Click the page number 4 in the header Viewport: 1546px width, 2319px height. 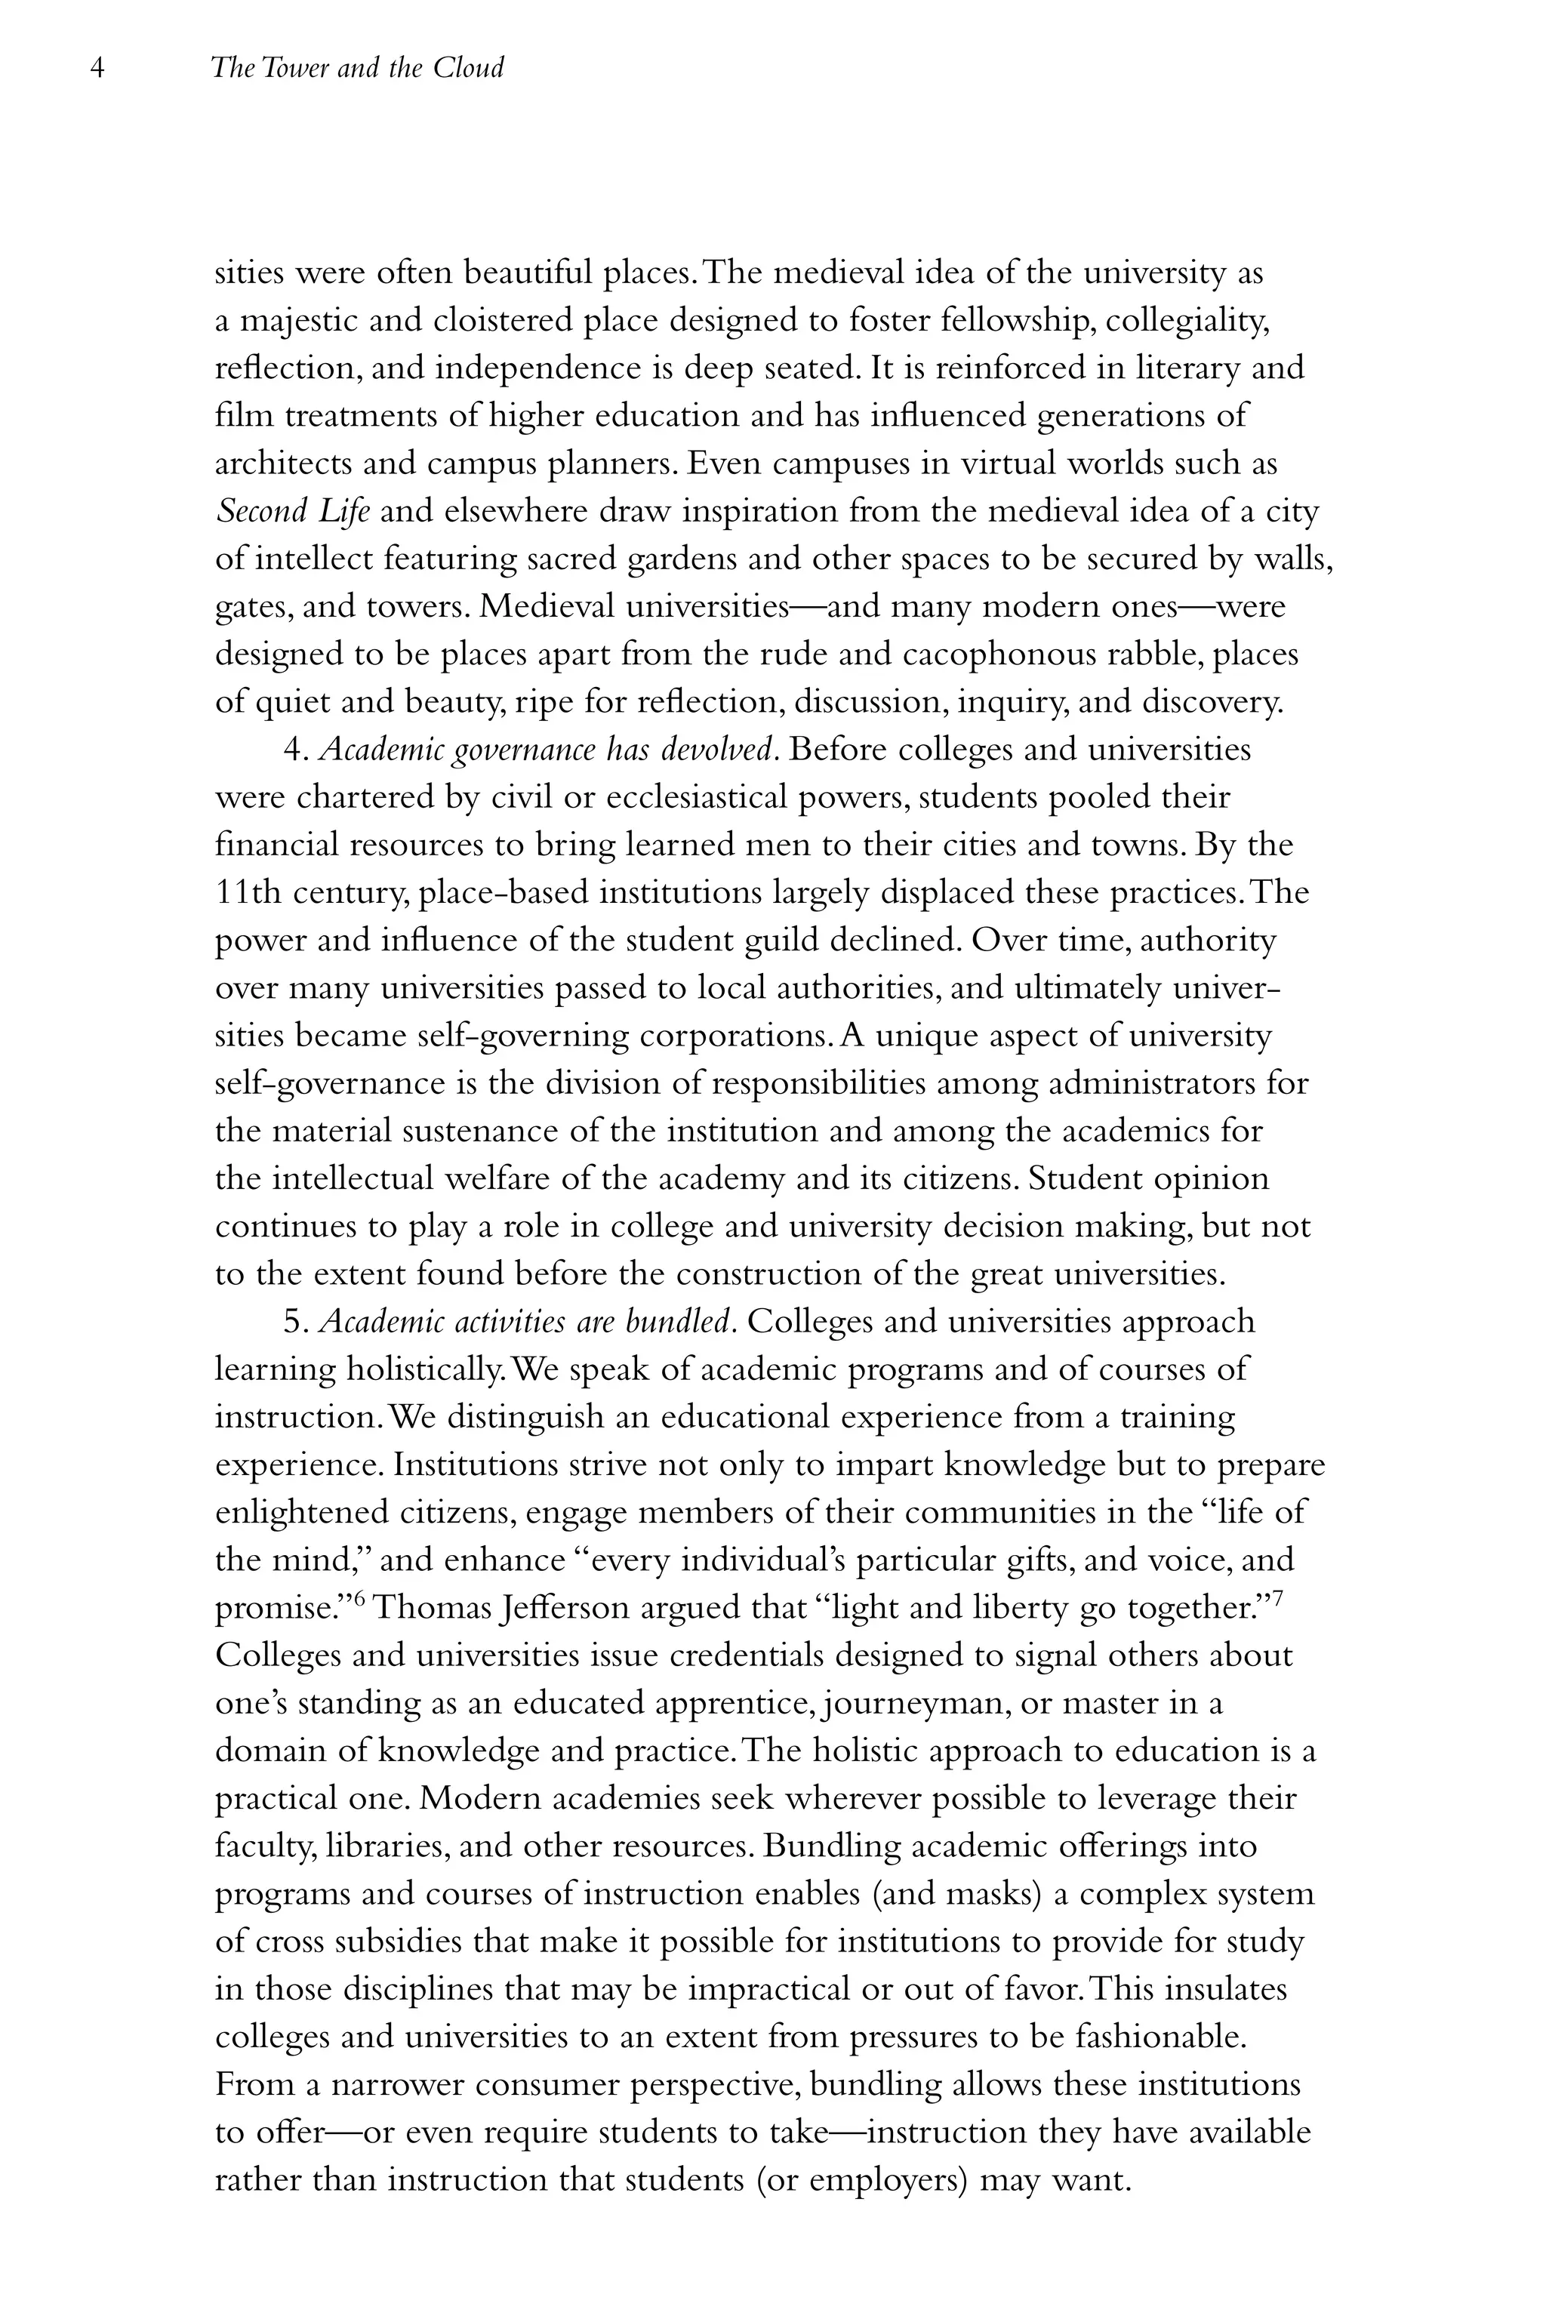coord(97,69)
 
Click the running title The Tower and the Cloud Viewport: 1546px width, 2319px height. coord(357,69)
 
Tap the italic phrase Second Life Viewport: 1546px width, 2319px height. coord(293,512)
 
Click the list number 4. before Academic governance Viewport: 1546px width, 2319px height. coord(297,750)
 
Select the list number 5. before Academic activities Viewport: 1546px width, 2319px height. coord(297,1323)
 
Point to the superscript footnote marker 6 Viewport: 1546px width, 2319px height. coord(360,1598)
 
